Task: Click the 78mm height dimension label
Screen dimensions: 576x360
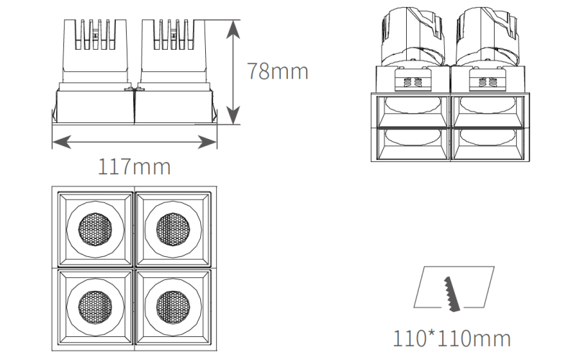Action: [278, 71]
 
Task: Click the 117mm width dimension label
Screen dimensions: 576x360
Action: [135, 166]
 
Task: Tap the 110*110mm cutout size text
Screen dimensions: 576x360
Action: [452, 338]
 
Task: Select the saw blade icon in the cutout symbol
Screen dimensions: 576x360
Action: [452, 294]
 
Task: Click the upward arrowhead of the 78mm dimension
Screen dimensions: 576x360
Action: [233, 29]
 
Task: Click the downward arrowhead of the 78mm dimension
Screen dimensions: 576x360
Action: [233, 115]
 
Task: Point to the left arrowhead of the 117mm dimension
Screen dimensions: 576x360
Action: [62, 142]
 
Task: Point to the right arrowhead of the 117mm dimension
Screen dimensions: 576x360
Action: [207, 142]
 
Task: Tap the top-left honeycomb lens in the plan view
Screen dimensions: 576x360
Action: [95, 229]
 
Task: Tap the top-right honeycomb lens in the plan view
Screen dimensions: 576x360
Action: [173, 229]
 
